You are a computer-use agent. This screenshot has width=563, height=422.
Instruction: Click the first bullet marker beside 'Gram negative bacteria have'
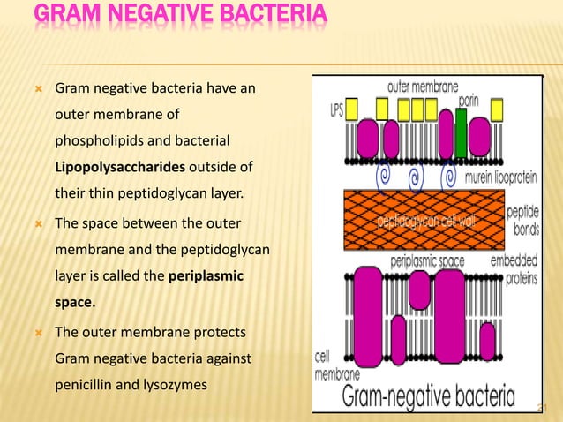tap(34, 88)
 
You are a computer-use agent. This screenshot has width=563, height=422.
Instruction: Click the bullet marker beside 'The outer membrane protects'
tap(34, 333)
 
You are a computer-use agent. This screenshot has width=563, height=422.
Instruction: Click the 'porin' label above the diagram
tap(468, 101)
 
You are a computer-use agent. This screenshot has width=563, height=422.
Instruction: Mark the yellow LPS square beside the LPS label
tap(351, 109)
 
